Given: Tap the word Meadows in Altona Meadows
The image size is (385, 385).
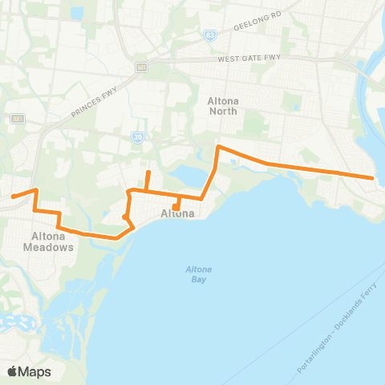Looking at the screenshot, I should point(54,247).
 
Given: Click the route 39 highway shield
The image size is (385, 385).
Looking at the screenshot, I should point(138,136).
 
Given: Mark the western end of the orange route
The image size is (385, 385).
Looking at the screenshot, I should point(13,196).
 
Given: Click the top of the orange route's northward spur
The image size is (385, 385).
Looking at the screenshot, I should point(148,172).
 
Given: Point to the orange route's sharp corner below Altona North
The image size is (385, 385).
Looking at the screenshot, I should point(218,148).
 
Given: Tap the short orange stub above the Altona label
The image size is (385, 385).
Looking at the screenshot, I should point(176,205).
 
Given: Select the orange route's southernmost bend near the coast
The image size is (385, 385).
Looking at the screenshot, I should point(118,237).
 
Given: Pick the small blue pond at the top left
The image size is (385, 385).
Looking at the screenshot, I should point(76,14).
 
